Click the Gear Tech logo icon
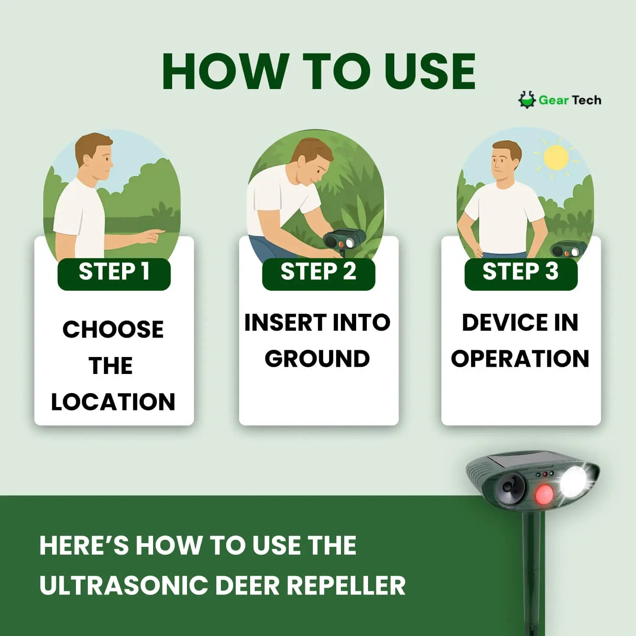[527, 100]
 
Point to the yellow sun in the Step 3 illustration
[555, 157]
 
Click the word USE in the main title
[429, 72]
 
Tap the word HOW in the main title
[224, 72]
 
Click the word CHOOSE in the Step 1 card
[113, 329]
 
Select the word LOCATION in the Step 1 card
[113, 402]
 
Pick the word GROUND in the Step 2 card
[317, 359]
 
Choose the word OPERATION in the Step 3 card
[520, 359]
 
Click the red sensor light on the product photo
[544, 494]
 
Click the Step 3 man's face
[506, 161]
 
